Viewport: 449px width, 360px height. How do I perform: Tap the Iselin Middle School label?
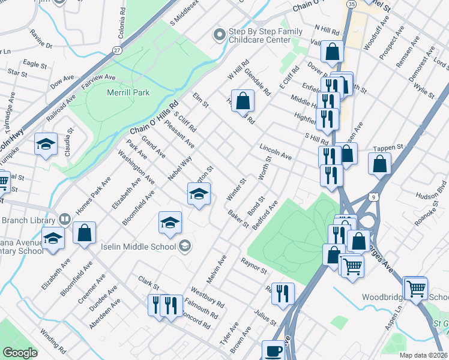(143, 245)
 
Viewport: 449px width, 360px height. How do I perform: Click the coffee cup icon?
(274, 350)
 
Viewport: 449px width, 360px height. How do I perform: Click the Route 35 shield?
(351, 4)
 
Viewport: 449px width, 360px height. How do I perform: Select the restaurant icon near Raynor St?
(283, 294)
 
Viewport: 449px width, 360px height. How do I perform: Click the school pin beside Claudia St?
(46, 145)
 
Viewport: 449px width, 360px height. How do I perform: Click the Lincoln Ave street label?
(276, 152)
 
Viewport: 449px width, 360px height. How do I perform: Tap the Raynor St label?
(253, 266)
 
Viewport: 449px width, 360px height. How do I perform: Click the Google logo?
(20, 353)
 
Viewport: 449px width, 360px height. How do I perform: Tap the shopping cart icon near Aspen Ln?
(415, 289)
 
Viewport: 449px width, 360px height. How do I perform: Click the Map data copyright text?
(423, 355)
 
